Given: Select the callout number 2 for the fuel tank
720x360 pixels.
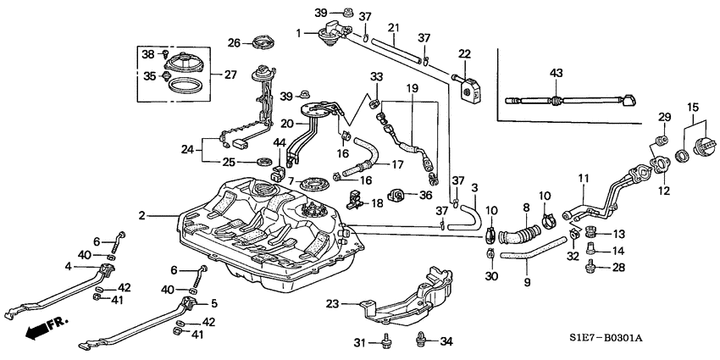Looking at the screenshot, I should tap(143, 217).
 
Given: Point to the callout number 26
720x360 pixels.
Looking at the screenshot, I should tap(234, 42).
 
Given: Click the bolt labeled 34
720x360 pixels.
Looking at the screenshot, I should tap(421, 341).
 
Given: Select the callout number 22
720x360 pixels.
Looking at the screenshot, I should tap(464, 54).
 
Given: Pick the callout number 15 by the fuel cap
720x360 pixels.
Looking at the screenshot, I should tap(694, 107).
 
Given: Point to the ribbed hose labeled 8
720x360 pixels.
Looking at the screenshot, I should tap(519, 231).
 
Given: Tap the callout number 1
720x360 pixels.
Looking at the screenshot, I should tap(298, 32).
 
